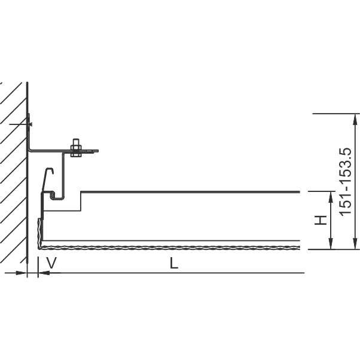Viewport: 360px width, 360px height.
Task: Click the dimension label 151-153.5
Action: (x=345, y=182)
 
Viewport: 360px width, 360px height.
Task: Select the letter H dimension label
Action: (x=321, y=220)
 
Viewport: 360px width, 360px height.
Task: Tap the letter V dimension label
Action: (x=51, y=263)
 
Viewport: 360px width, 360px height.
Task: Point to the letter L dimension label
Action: (x=174, y=263)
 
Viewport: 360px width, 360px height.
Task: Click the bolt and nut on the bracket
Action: (x=76, y=148)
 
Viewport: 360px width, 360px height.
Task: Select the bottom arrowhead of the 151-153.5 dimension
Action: (x=355, y=243)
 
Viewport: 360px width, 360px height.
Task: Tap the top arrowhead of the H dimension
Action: (x=331, y=197)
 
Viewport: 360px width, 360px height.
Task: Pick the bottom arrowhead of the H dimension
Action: (x=331, y=243)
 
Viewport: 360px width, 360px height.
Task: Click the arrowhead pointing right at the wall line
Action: (x=22, y=273)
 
